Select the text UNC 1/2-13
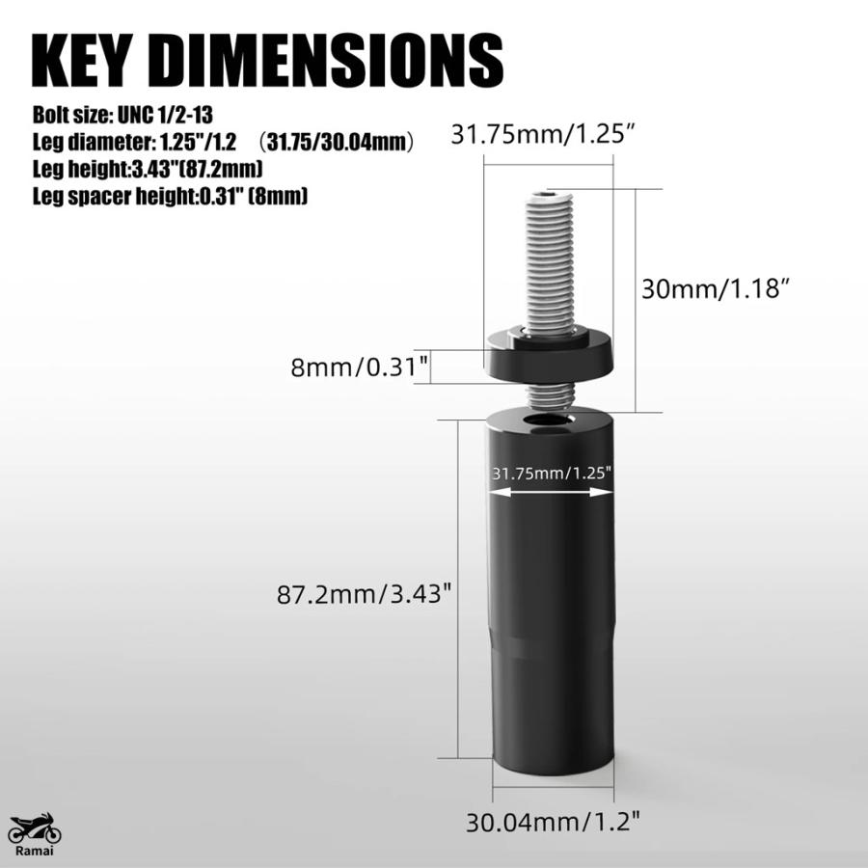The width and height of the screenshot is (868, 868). coord(165,115)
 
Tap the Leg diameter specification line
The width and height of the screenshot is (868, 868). coord(223,143)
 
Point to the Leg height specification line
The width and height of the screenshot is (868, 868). coord(148,169)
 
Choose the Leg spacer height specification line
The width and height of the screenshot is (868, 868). coord(170,196)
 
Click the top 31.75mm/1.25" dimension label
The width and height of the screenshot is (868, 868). coord(542,134)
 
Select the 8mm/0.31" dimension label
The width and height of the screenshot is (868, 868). coord(360,366)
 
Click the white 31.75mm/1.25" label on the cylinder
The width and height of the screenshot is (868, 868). coord(552,474)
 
